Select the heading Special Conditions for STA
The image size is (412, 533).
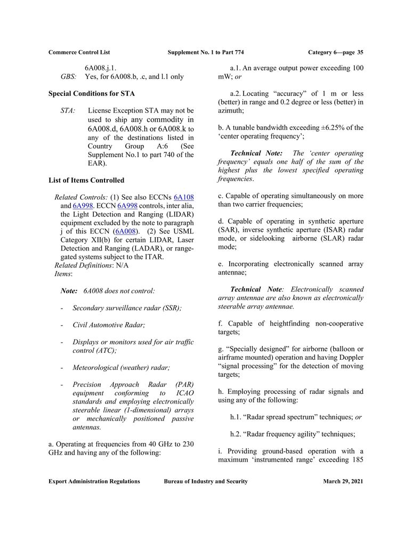point(92,94)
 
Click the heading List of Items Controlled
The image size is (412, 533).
point(86,180)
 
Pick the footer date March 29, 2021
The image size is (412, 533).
point(343,481)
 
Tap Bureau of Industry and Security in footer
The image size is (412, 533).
point(206,481)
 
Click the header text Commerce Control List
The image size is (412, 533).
point(79,52)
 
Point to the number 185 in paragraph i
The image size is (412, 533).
point(357,459)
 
